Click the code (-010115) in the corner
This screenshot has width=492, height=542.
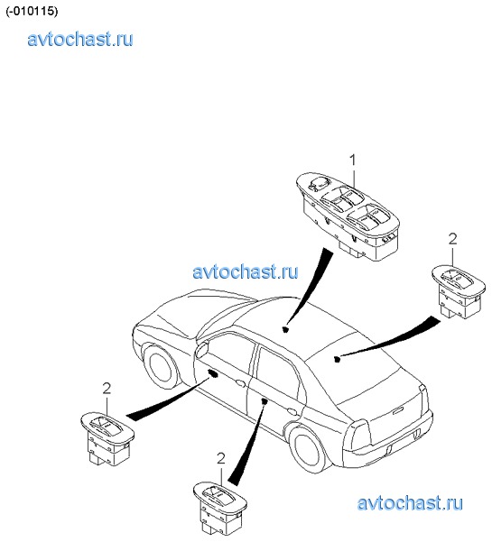[32, 11]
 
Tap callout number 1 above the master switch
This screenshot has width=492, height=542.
[352, 160]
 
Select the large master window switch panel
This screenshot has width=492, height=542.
[348, 216]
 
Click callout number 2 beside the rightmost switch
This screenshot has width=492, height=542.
[452, 239]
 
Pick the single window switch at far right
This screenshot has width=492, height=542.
[459, 291]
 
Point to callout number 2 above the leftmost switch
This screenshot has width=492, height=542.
[107, 389]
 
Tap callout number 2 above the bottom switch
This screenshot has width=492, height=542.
[221, 459]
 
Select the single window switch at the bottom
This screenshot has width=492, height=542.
[220, 508]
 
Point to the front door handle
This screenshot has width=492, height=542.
[240, 382]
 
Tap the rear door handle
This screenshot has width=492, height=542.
[292, 411]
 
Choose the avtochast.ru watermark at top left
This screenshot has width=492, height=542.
[80, 39]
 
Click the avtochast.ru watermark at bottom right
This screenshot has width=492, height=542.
[410, 503]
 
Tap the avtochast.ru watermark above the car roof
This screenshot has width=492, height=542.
[245, 271]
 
